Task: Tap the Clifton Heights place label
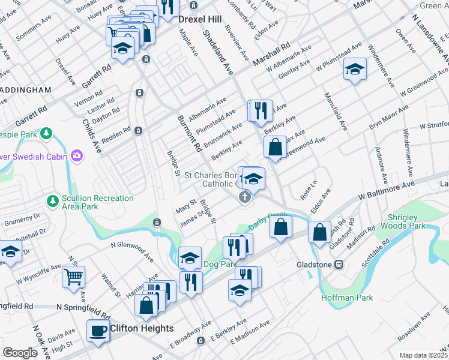point(142,328)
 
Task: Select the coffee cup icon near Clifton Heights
point(98,330)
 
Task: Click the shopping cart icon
point(74,277)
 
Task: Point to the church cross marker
point(244,197)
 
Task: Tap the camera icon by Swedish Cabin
point(76,157)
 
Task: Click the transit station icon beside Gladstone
point(339,264)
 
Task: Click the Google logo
point(20,353)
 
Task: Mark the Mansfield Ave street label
point(336,112)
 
